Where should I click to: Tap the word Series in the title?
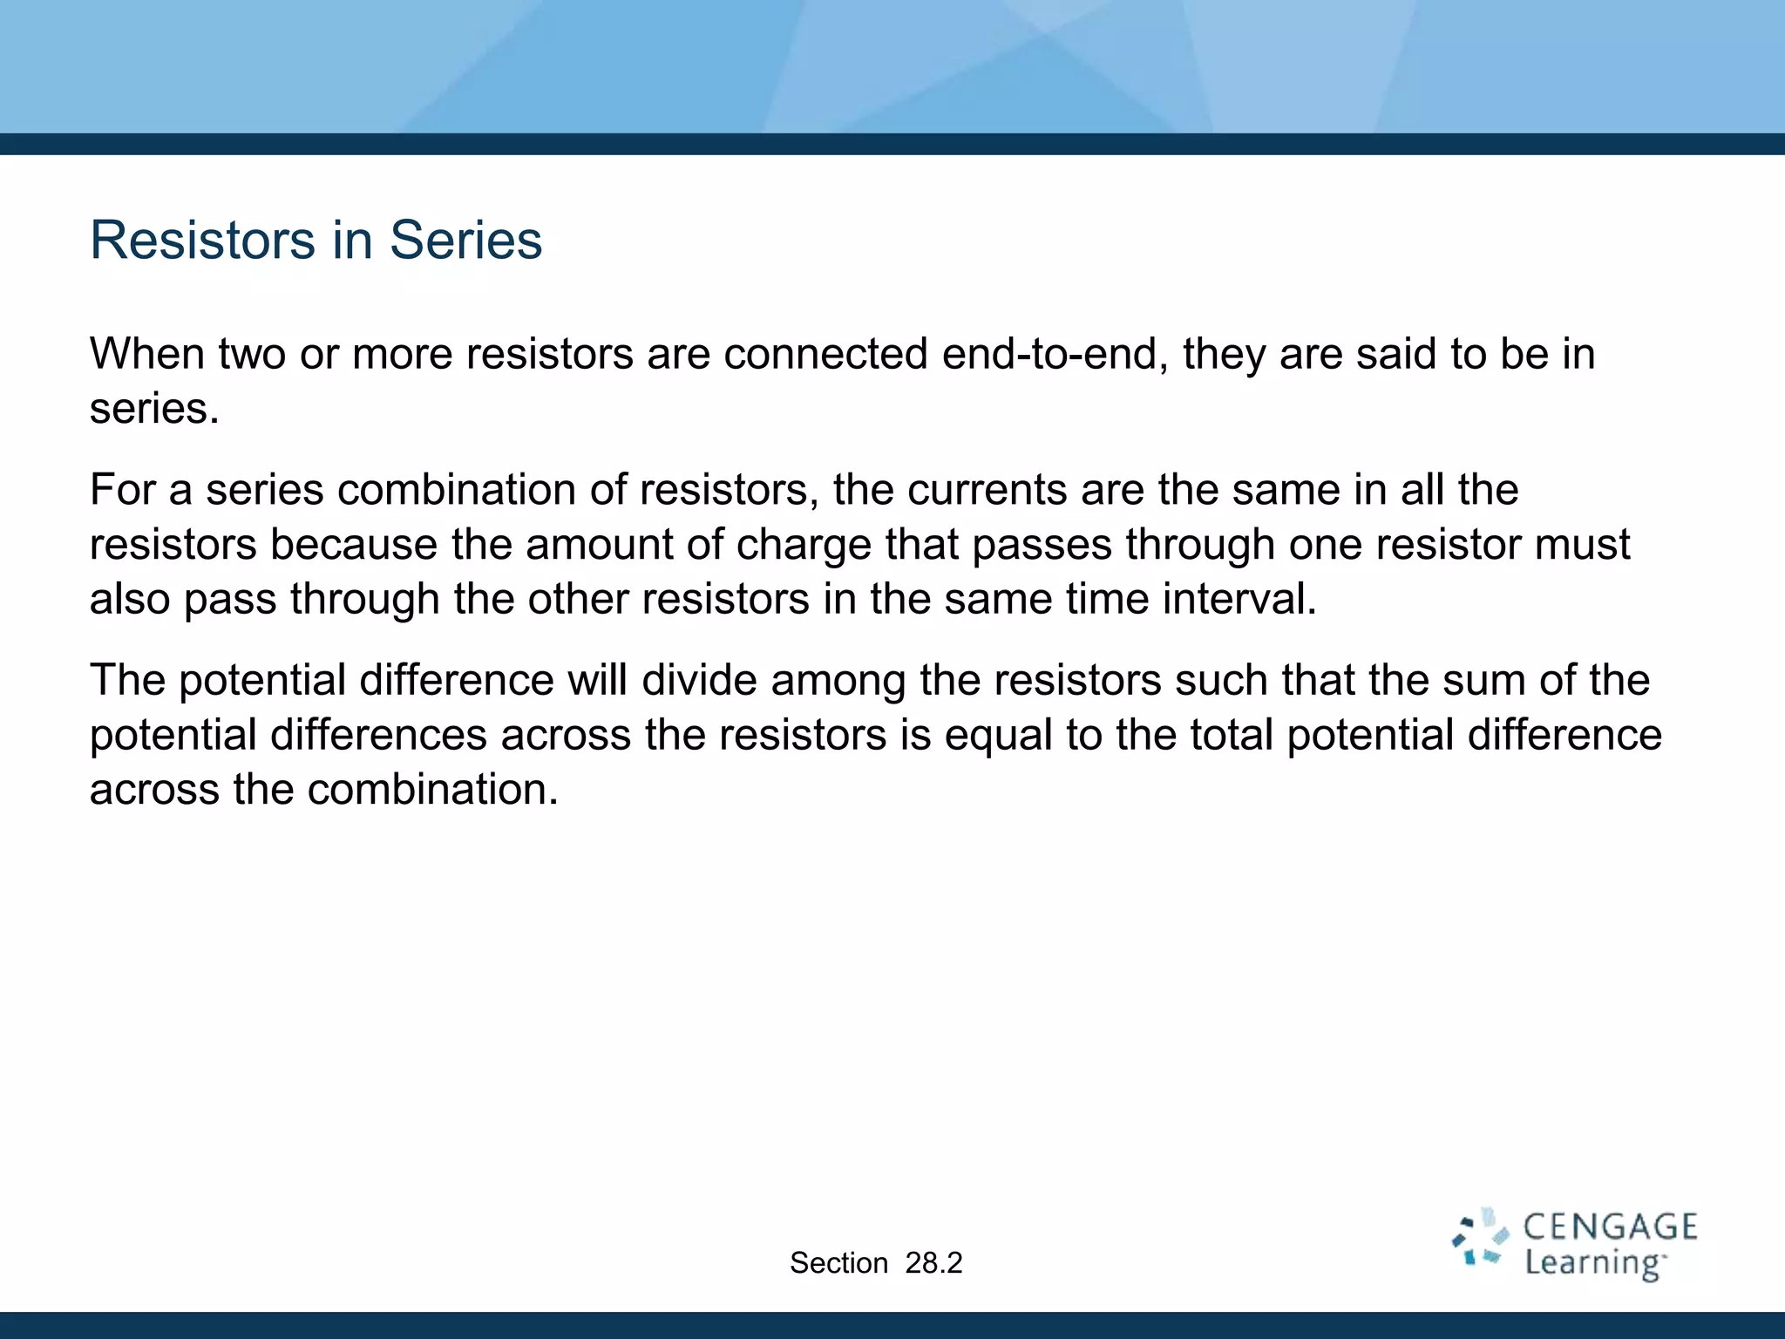pos(465,240)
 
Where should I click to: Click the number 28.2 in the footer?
pos(933,1263)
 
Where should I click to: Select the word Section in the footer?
pos(838,1263)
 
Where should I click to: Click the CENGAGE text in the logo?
pos(1610,1227)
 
